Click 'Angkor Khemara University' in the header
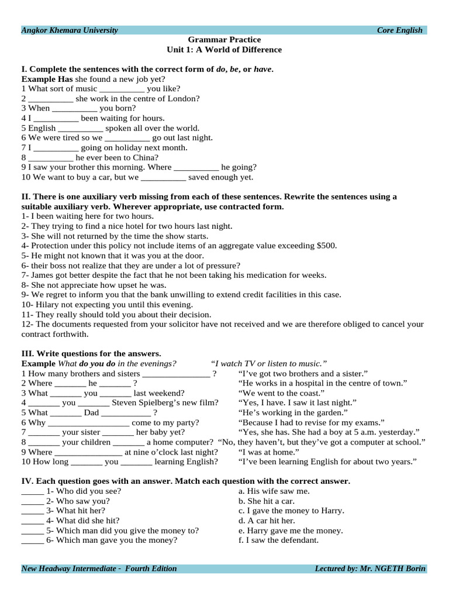[x=70, y=30]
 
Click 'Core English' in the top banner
[x=399, y=30]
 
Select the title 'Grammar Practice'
[x=224, y=40]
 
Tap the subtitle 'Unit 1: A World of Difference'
[x=224, y=50]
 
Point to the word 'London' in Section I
[x=182, y=98]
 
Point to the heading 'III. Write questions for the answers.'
[x=91, y=353]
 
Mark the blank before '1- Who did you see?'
[x=32, y=491]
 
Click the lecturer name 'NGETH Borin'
[x=402, y=569]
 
